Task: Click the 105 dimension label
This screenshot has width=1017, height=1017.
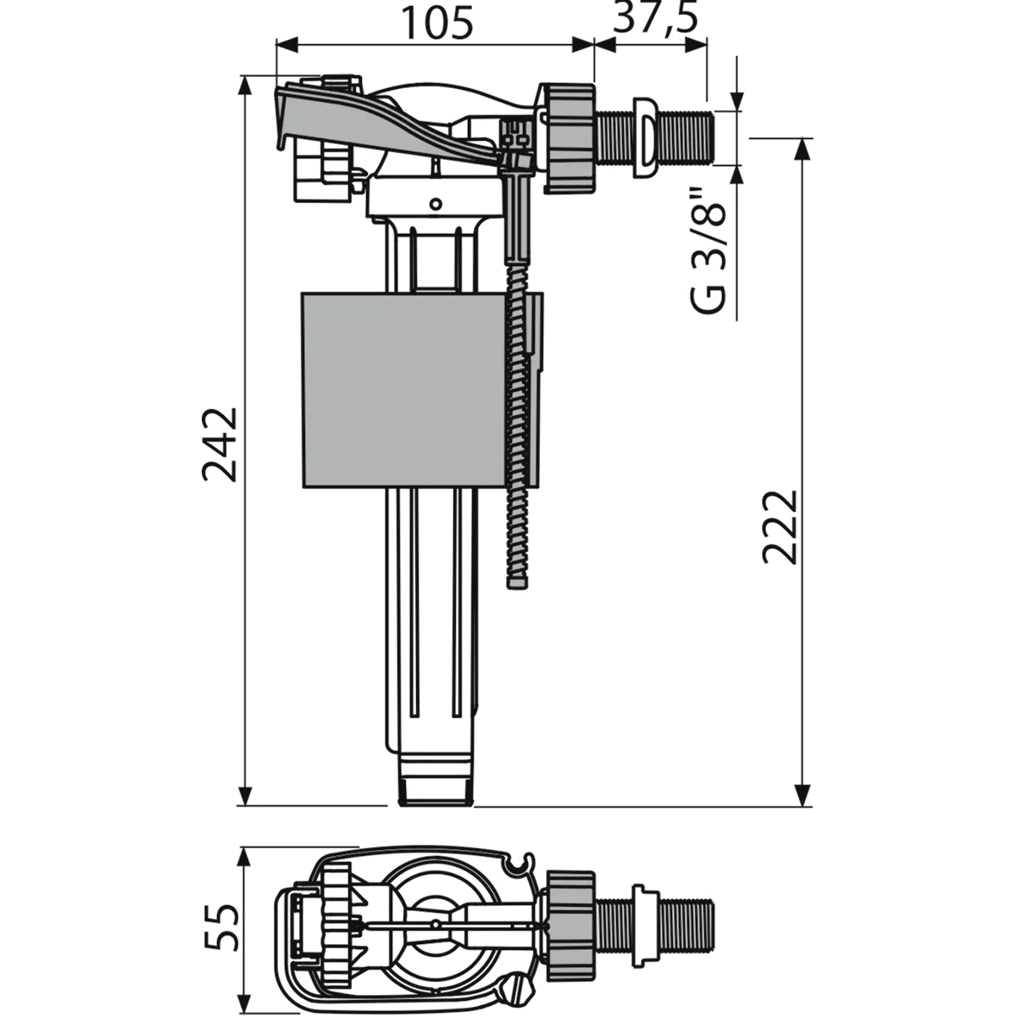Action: [x=437, y=22]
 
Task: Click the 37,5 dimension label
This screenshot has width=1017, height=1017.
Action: [x=656, y=18]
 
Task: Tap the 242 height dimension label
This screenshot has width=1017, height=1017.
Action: [x=220, y=444]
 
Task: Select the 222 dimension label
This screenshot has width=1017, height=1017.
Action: [x=780, y=527]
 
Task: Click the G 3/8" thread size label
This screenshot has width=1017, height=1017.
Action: [x=709, y=250]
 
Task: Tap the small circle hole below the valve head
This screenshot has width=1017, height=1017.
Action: [x=436, y=203]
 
